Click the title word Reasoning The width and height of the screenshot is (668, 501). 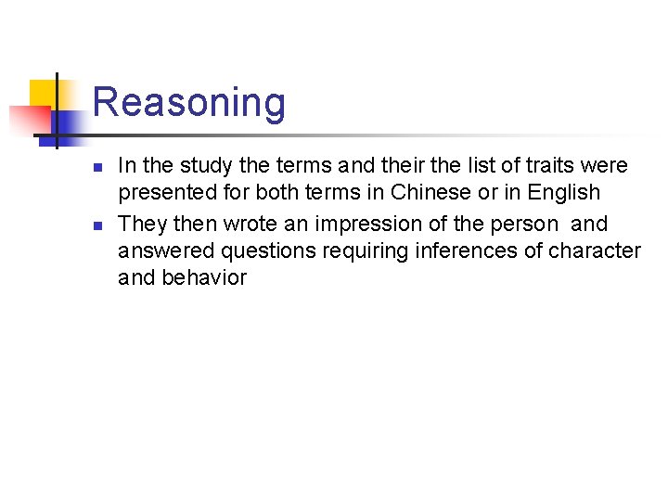coord(189,102)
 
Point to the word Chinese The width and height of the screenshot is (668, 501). coord(432,193)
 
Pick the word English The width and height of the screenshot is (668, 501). coord(559,193)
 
